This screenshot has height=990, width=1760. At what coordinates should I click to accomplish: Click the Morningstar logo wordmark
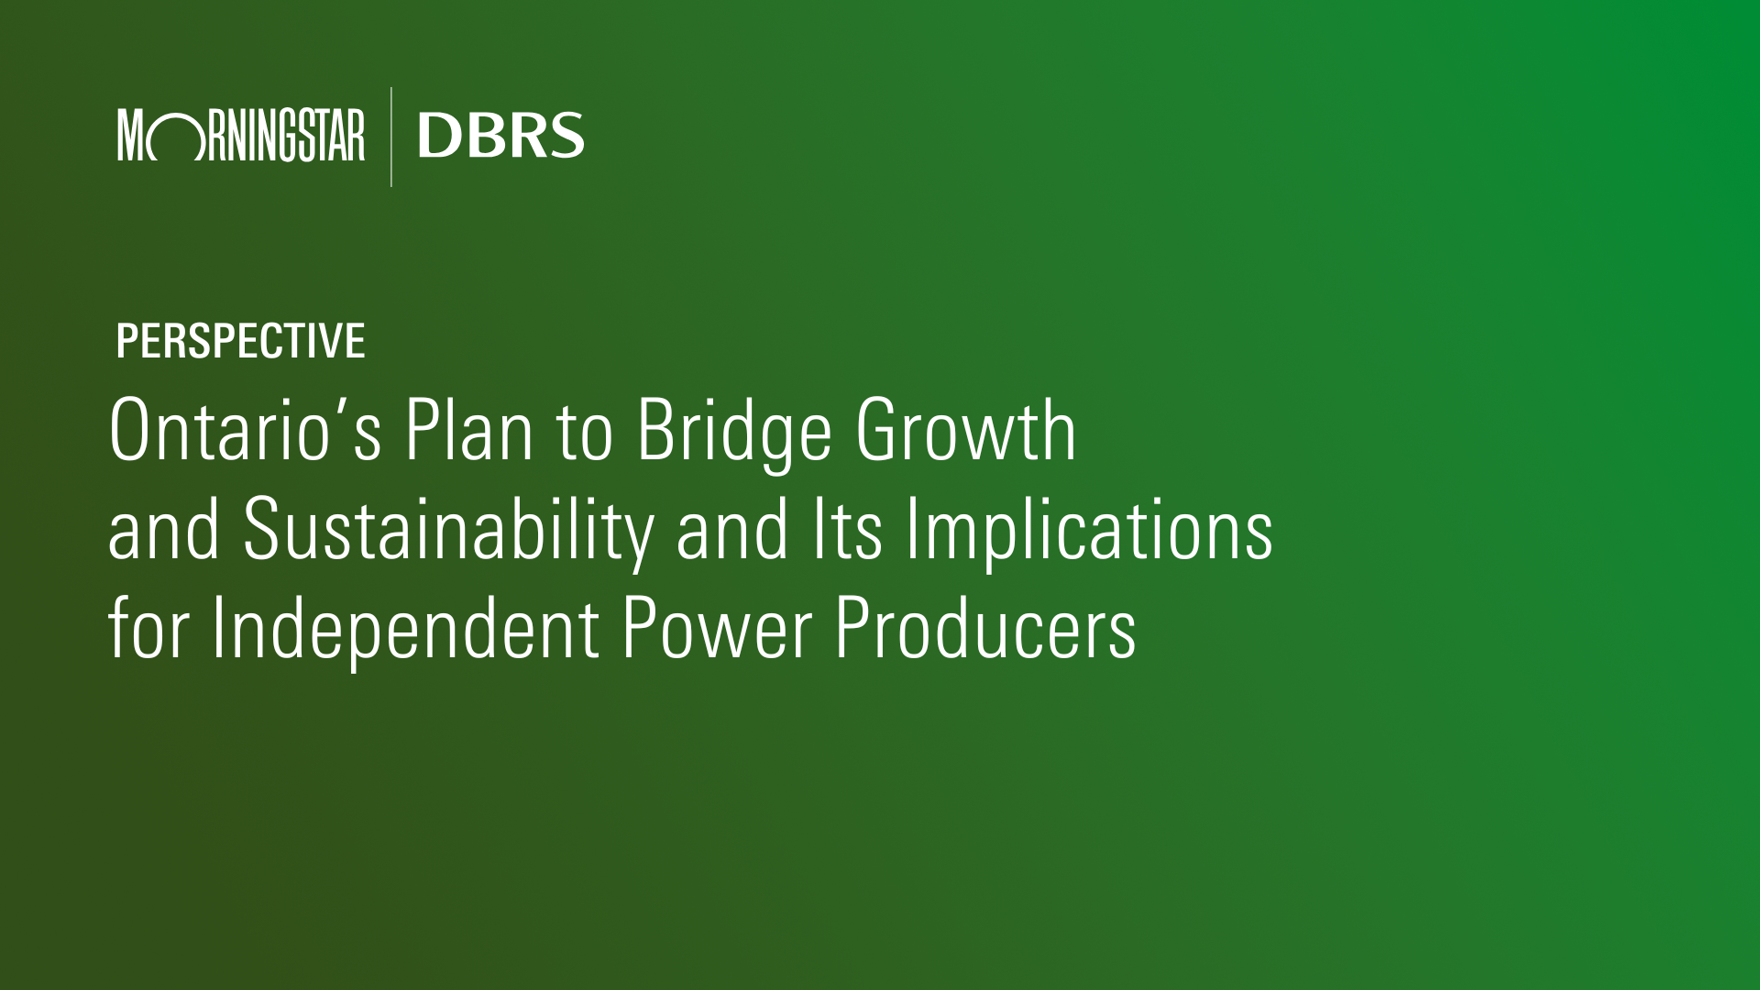point(241,136)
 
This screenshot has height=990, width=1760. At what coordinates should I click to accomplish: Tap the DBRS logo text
point(500,136)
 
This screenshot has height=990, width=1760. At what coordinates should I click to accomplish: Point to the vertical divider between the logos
point(391,137)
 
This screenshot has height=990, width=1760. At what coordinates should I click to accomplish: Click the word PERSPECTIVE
point(240,341)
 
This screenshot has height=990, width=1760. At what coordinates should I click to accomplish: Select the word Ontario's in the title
point(245,429)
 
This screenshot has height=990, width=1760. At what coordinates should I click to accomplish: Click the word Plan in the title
point(469,429)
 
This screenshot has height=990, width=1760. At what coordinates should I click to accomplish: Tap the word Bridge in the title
point(734,434)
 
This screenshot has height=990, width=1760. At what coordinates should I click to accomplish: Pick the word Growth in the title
point(966,429)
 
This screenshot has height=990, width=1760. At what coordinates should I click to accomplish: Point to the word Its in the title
point(848,529)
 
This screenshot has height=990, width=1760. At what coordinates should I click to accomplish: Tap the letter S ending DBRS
point(566,136)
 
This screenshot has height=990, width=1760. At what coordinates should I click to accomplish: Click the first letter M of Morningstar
point(131,136)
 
